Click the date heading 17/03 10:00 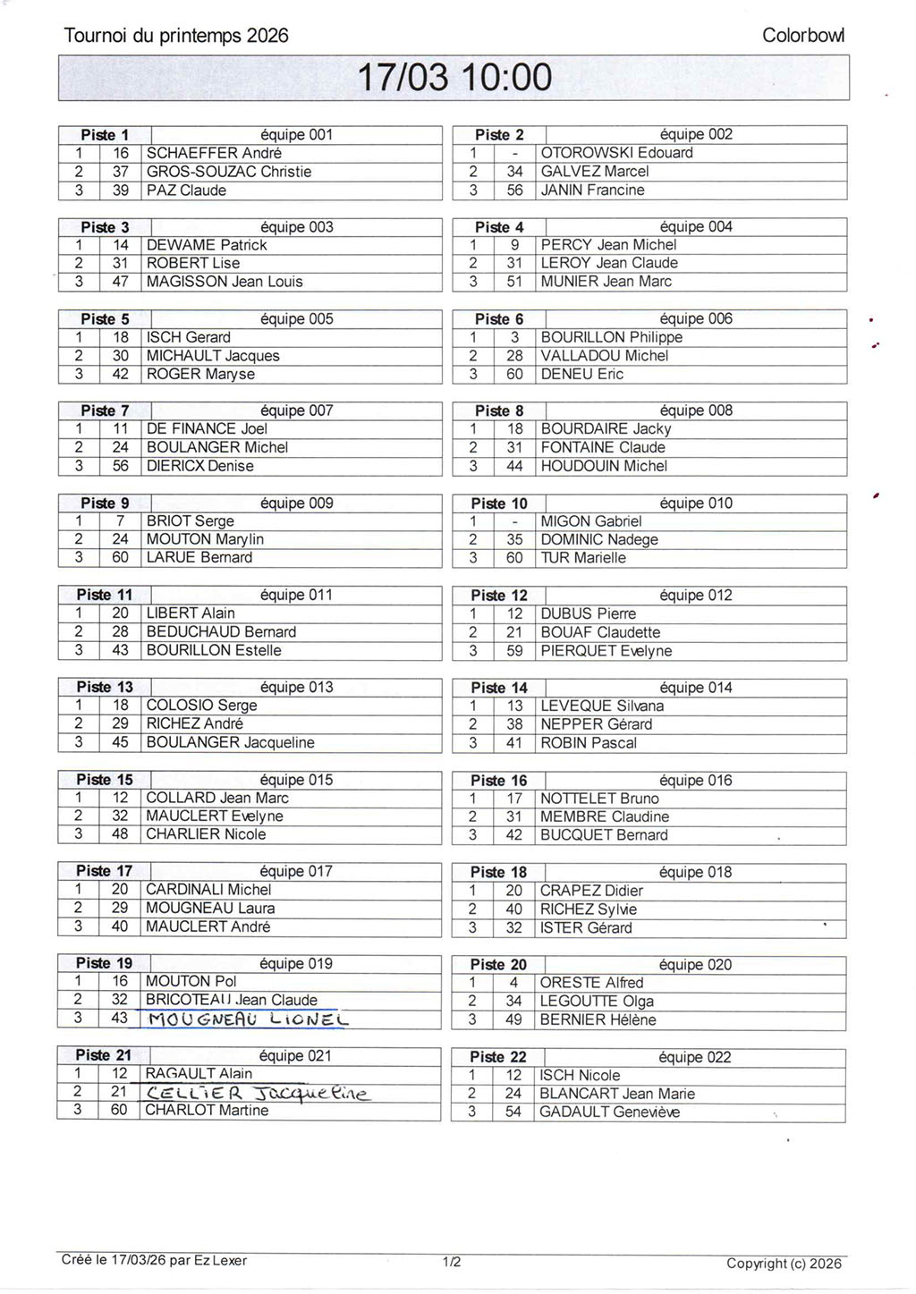tap(455, 78)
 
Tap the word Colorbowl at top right tap(802, 36)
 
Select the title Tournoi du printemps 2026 tap(176, 36)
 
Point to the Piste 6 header tap(499, 319)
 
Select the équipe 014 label tap(695, 688)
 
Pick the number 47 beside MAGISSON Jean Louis tap(121, 282)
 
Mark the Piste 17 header tap(104, 871)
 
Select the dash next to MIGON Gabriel tap(514, 521)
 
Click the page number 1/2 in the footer tap(452, 1263)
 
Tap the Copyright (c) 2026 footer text tap(784, 1264)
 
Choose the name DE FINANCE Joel tap(207, 429)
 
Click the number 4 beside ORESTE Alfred tap(514, 983)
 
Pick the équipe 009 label tap(296, 503)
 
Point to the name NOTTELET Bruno tap(599, 799)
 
